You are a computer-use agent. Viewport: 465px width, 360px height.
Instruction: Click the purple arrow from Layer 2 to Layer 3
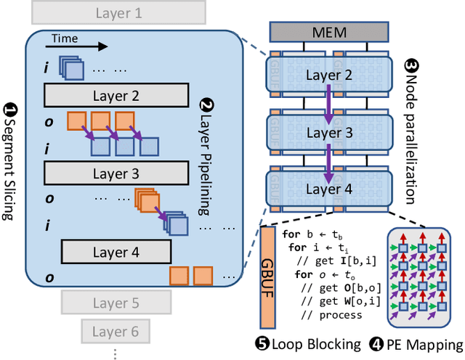coord(328,100)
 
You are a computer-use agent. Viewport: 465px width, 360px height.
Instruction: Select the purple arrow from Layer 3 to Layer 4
coord(328,162)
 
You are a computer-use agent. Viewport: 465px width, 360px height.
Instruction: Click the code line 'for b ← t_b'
coord(309,234)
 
